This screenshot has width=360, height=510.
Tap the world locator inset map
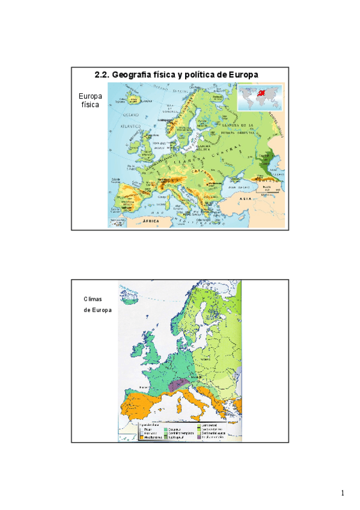click(x=259, y=97)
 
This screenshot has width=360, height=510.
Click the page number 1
click(x=343, y=493)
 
